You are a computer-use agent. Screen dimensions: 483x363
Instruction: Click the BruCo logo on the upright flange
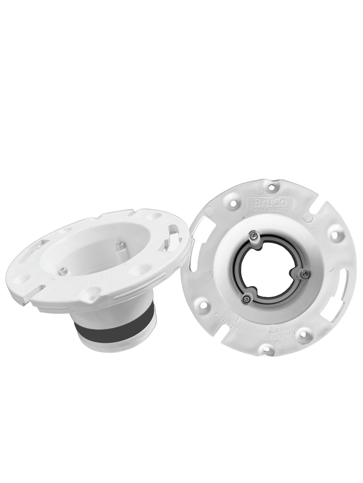pyautogui.click(x=262, y=201)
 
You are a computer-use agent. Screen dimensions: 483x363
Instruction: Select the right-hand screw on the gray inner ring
pyautogui.click(x=303, y=274)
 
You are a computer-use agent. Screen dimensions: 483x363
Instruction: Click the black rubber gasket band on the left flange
pyautogui.click(x=116, y=328)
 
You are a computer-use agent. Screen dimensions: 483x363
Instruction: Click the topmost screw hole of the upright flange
pyautogui.click(x=271, y=185)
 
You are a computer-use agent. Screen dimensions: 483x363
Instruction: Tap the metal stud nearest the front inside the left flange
pyautogui.click(x=63, y=271)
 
